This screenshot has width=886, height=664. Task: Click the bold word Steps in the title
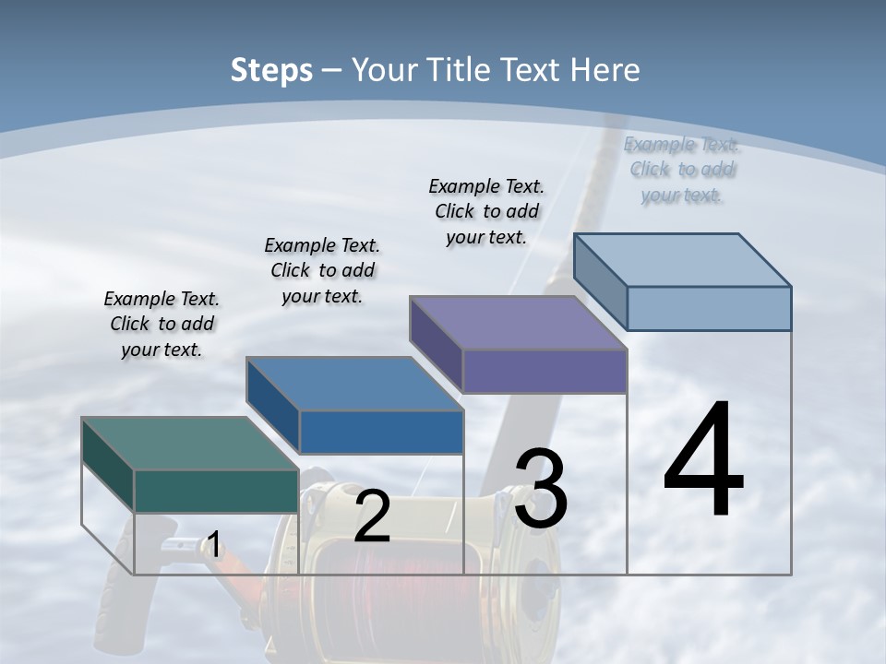point(271,70)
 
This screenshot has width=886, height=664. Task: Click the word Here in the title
point(605,70)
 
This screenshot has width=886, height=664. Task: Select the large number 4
point(703,461)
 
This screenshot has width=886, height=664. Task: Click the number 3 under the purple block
point(541,489)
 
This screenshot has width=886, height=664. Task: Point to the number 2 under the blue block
point(372,516)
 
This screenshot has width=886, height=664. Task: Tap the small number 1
point(213,545)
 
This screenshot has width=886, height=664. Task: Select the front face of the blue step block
point(381,432)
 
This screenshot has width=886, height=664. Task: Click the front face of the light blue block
point(709,308)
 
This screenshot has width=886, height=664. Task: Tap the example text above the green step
point(162,324)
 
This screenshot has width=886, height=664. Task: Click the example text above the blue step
point(322,270)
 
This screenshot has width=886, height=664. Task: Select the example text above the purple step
point(486,211)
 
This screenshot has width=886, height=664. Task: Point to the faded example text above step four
point(681,170)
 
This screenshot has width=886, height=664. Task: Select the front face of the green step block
point(216,491)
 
